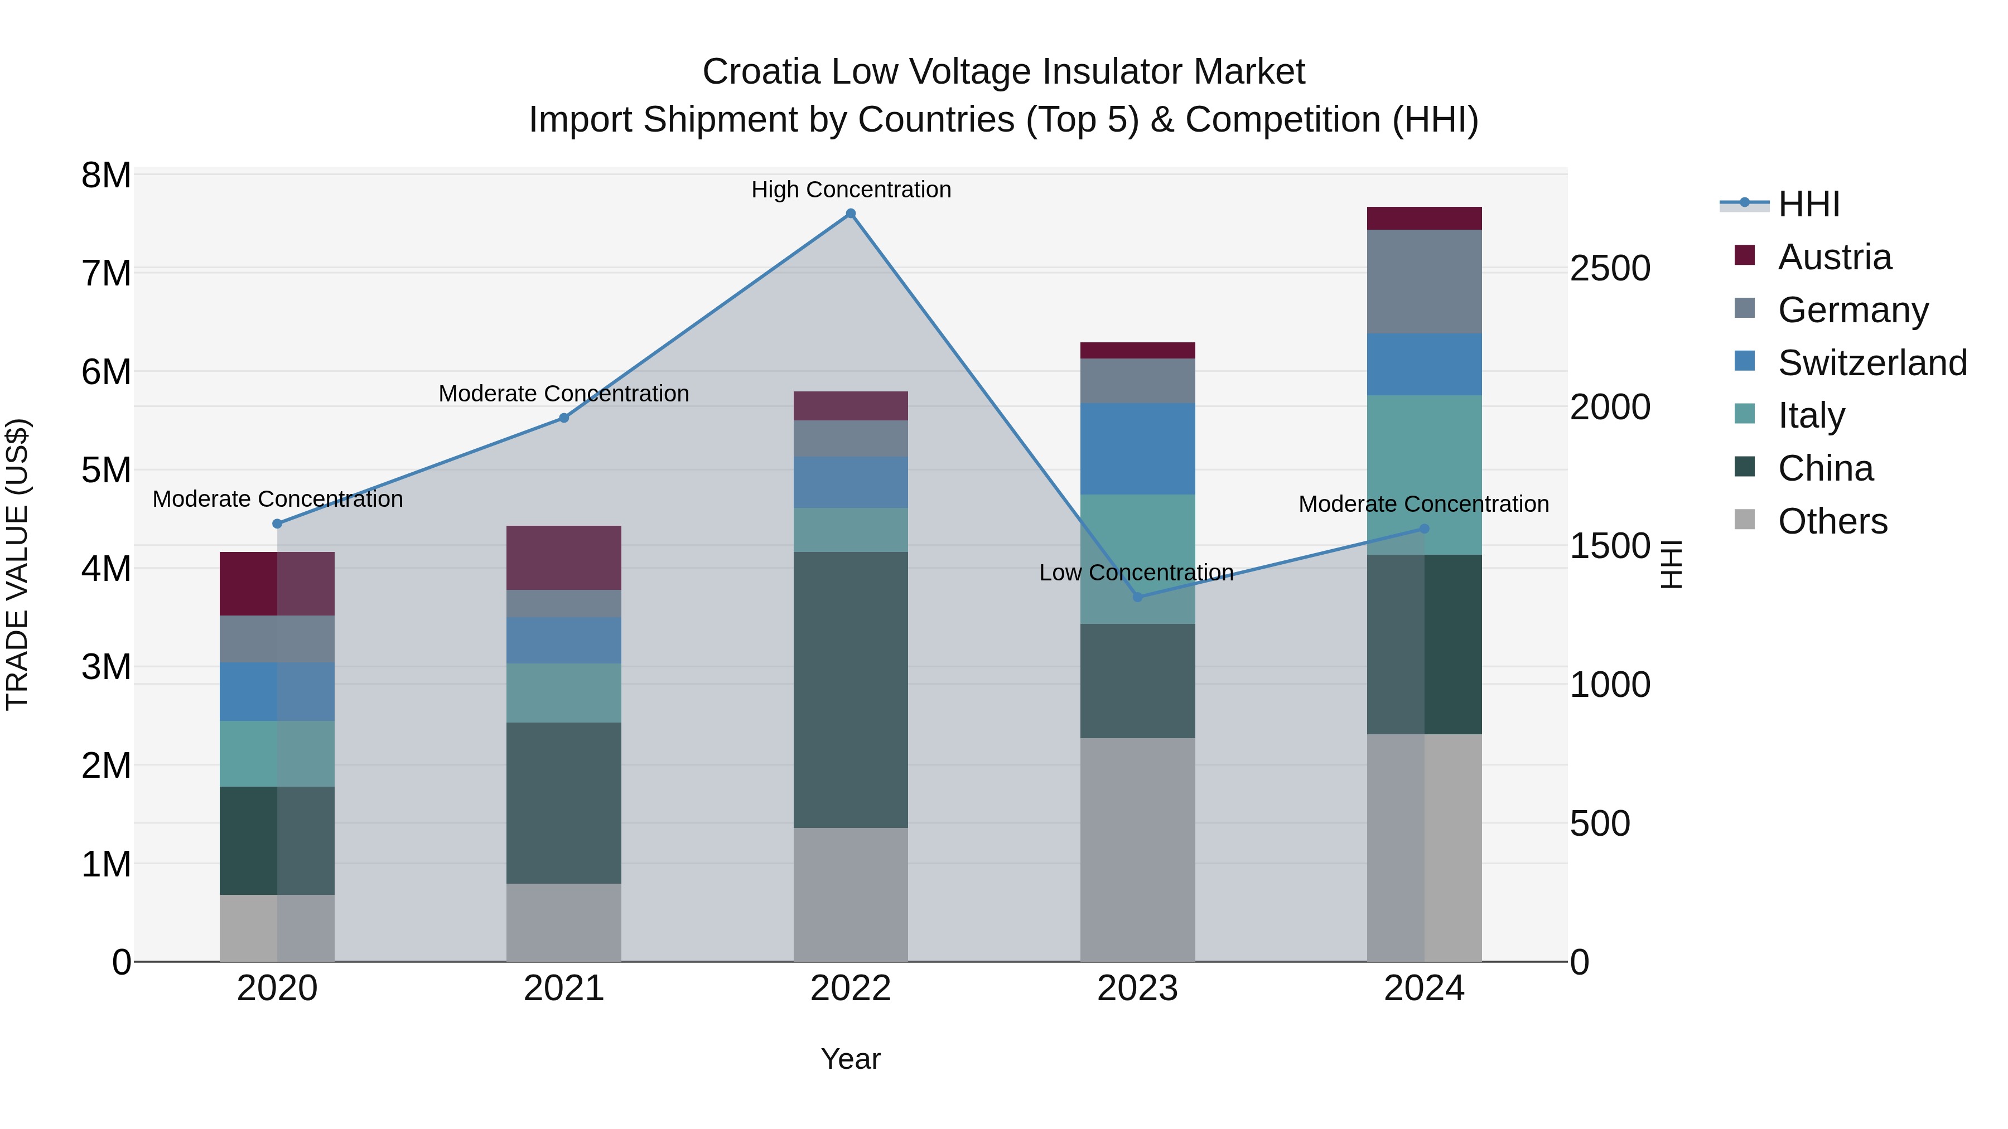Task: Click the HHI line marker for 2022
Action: [x=851, y=214]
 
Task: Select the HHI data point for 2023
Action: [x=1137, y=597]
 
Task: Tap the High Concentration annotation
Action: [x=851, y=190]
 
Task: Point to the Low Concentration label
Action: [x=1136, y=573]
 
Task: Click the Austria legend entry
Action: [x=1833, y=257]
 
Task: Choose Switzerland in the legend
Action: [x=1871, y=363]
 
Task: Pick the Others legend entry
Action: [x=1832, y=521]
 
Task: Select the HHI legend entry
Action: [x=1808, y=204]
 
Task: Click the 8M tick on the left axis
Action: [x=106, y=175]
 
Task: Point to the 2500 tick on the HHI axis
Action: [x=1610, y=269]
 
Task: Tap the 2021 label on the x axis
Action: [x=563, y=989]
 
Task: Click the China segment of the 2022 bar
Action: [x=851, y=690]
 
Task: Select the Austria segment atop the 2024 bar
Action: [x=1424, y=218]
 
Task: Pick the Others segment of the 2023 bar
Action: [x=1137, y=849]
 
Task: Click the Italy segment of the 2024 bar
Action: [x=1424, y=474]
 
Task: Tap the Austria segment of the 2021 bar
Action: [x=563, y=557]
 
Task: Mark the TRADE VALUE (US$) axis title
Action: [x=17, y=564]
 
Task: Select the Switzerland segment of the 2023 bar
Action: [x=1137, y=448]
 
